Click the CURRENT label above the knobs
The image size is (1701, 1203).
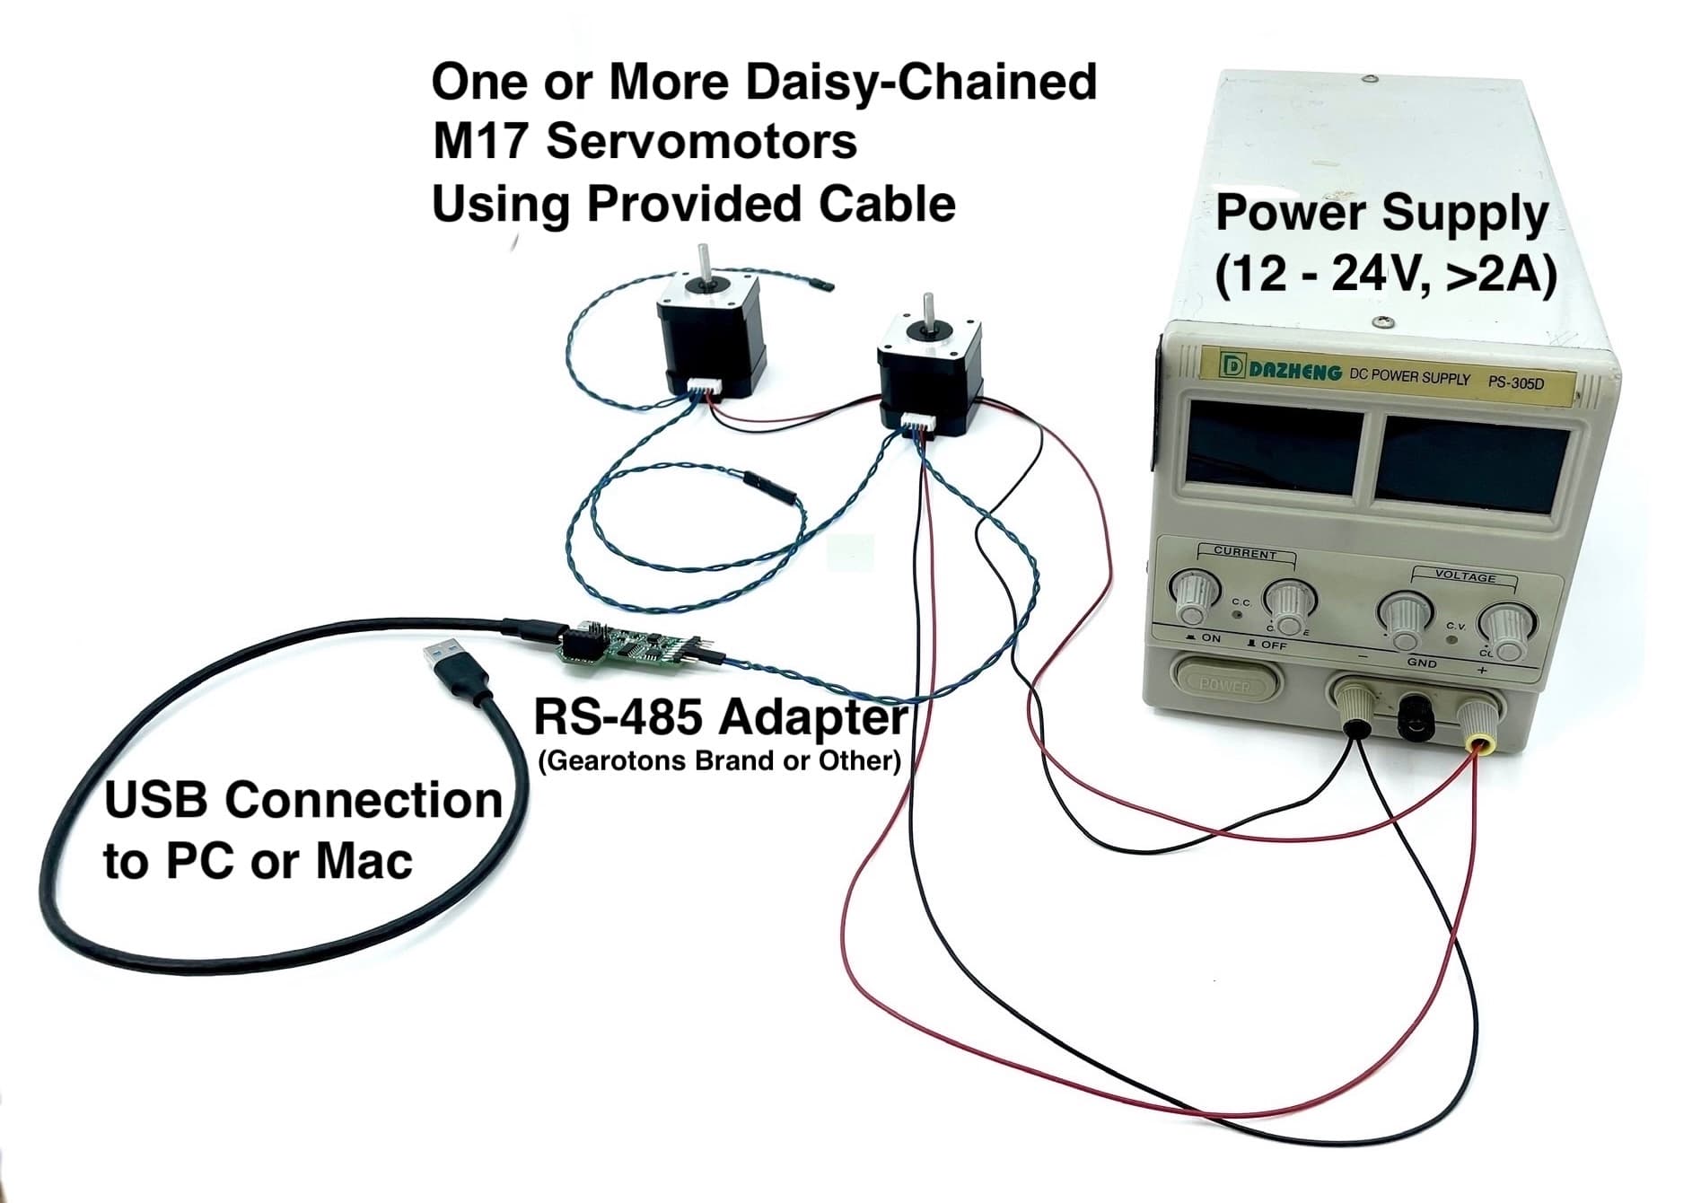pos(1244,553)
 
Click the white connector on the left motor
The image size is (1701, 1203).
pos(706,387)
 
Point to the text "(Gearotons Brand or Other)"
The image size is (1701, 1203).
pos(719,761)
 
